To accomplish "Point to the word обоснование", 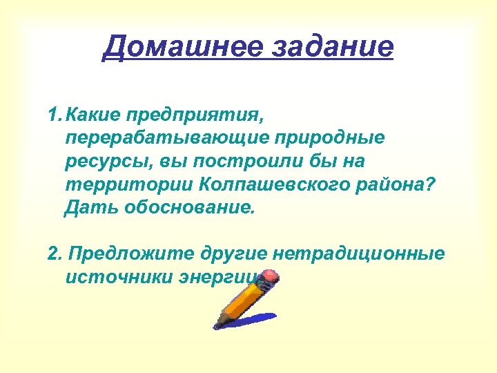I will coord(189,208).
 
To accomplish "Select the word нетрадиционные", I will coord(359,254).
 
